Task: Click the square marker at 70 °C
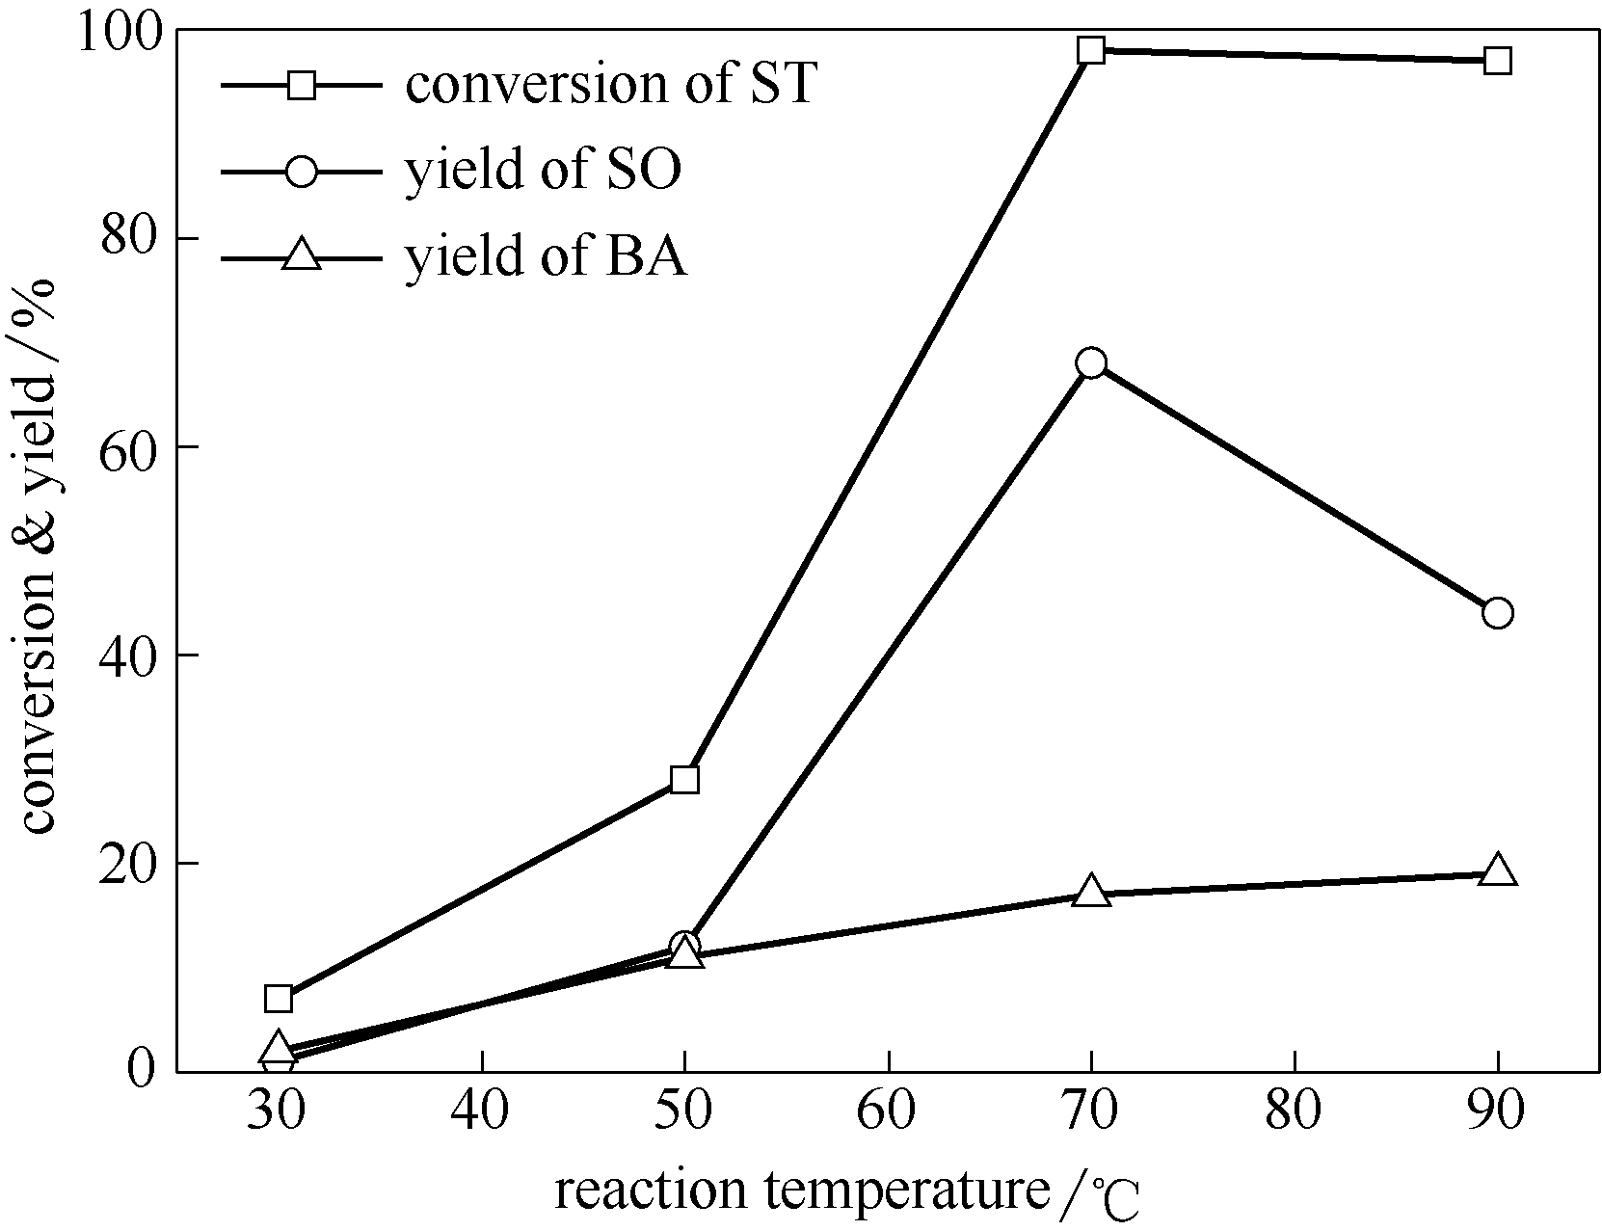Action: pos(1091,50)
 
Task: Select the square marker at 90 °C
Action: pos(1497,61)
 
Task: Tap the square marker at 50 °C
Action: pos(684,779)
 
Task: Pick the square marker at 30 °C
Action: pos(278,998)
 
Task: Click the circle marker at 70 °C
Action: pos(1091,363)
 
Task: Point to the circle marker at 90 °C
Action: pos(1497,613)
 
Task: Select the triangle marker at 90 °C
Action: pos(1497,870)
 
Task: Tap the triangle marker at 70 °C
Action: pos(1091,891)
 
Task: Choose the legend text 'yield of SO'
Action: pos(543,171)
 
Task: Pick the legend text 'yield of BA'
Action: pos(546,257)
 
